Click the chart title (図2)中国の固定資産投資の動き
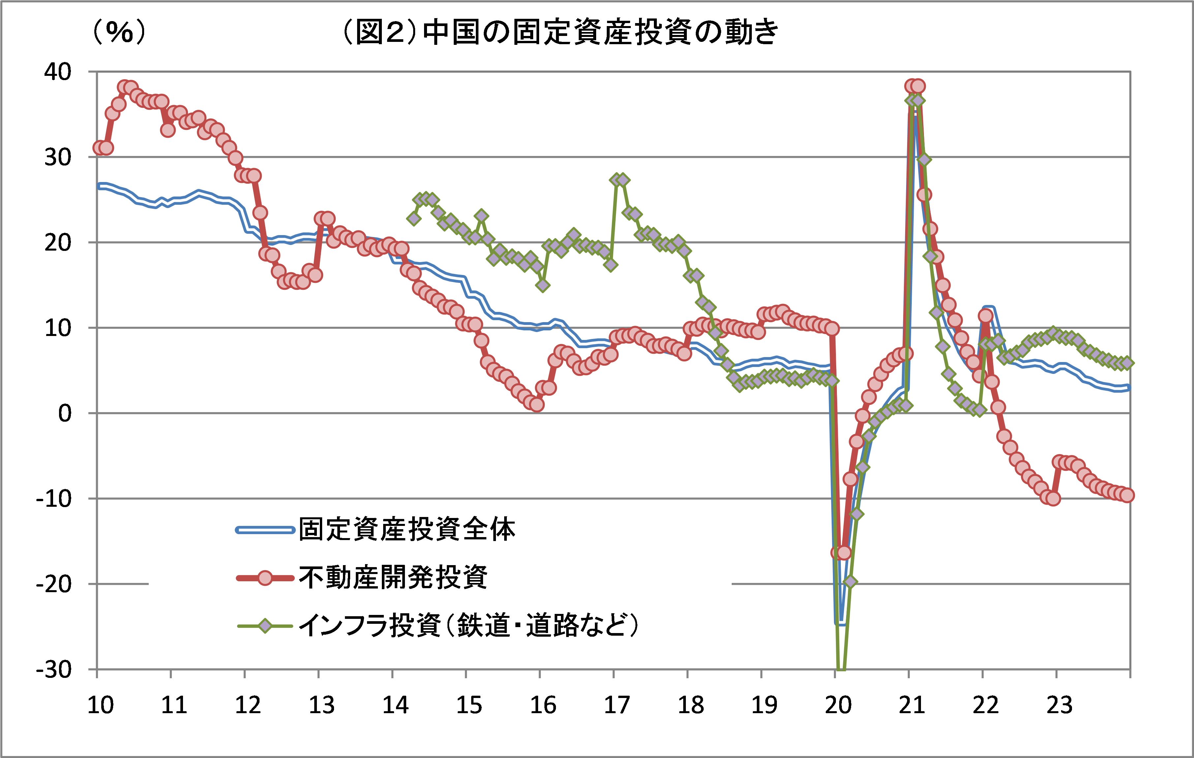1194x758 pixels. click(560, 32)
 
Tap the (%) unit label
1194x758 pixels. click(119, 32)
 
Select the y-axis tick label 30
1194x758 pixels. click(58, 158)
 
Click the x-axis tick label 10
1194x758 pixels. click(100, 705)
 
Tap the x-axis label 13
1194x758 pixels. click(322, 705)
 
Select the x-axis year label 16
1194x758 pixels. click(543, 705)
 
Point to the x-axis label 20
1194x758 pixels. click(838, 705)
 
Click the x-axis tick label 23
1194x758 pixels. click(1059, 705)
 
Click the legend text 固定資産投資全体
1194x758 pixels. click(407, 530)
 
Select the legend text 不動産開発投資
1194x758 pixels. click(393, 578)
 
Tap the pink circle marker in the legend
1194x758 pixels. click(265, 578)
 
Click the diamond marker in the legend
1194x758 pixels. click(265, 626)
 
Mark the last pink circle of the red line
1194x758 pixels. click(1126, 495)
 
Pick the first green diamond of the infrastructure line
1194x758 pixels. click(413, 219)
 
